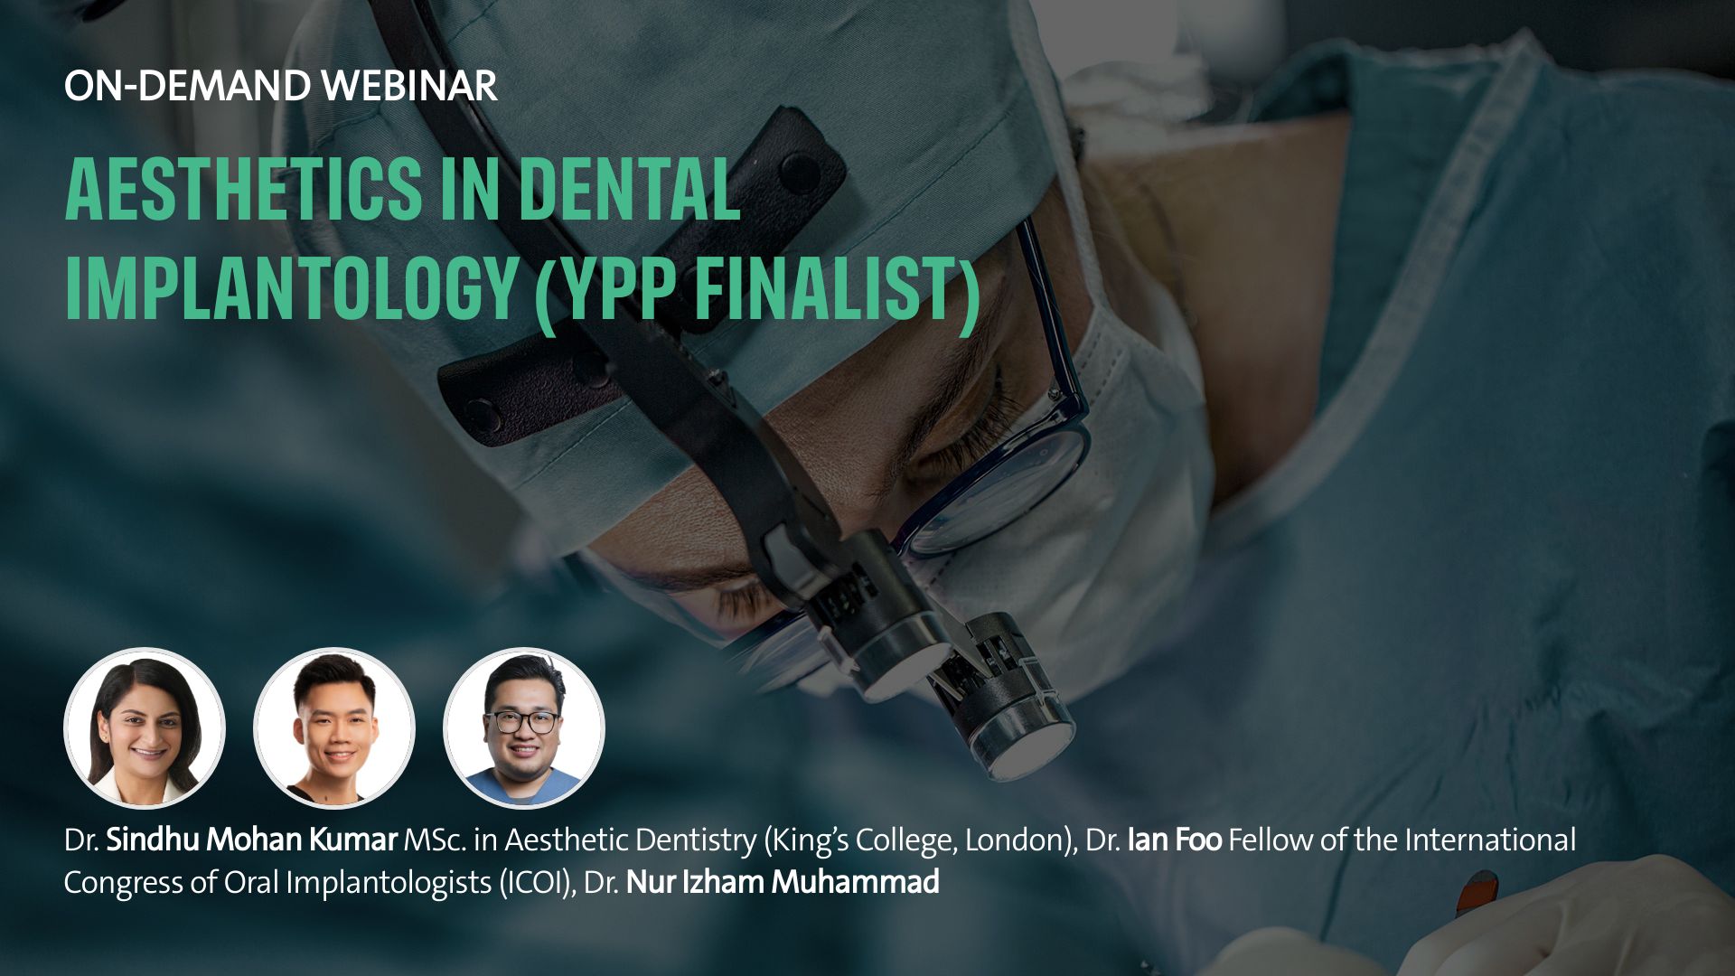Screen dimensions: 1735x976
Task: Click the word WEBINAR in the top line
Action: (408, 86)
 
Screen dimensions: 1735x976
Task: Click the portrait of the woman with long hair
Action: (145, 727)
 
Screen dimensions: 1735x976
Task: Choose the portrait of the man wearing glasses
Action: (524, 727)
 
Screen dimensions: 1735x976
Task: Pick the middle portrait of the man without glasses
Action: (334, 727)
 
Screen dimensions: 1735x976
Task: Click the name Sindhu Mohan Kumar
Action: (251, 840)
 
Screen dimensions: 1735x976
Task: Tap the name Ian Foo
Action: (1175, 840)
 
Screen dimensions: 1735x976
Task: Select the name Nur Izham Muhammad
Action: (783, 881)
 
